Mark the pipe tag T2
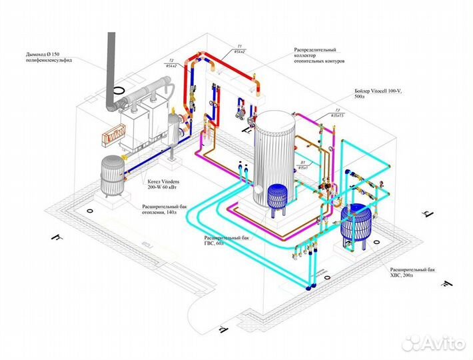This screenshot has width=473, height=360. (171, 61)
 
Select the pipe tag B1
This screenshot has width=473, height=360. (302, 163)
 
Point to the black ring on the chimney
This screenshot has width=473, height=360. (119, 89)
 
